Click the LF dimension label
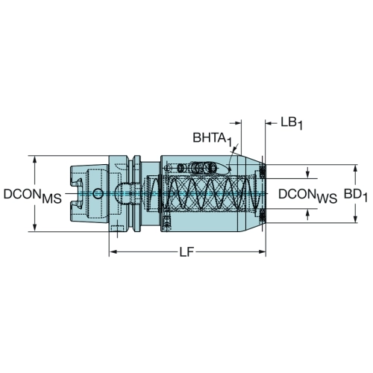[186, 252]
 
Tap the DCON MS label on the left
[33, 195]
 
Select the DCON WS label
[307, 195]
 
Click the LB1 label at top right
[292, 124]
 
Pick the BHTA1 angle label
[213, 139]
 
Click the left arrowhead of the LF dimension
[113, 252]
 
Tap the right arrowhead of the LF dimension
[262, 252]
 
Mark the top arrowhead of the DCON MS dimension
[35, 160]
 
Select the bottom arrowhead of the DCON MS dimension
[35, 228]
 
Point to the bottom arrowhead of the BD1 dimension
[355, 219]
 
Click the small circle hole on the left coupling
[98, 193]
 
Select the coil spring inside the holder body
[203, 193]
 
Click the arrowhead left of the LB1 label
[269, 123]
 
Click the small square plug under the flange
[117, 228]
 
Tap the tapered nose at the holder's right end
[252, 193]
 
